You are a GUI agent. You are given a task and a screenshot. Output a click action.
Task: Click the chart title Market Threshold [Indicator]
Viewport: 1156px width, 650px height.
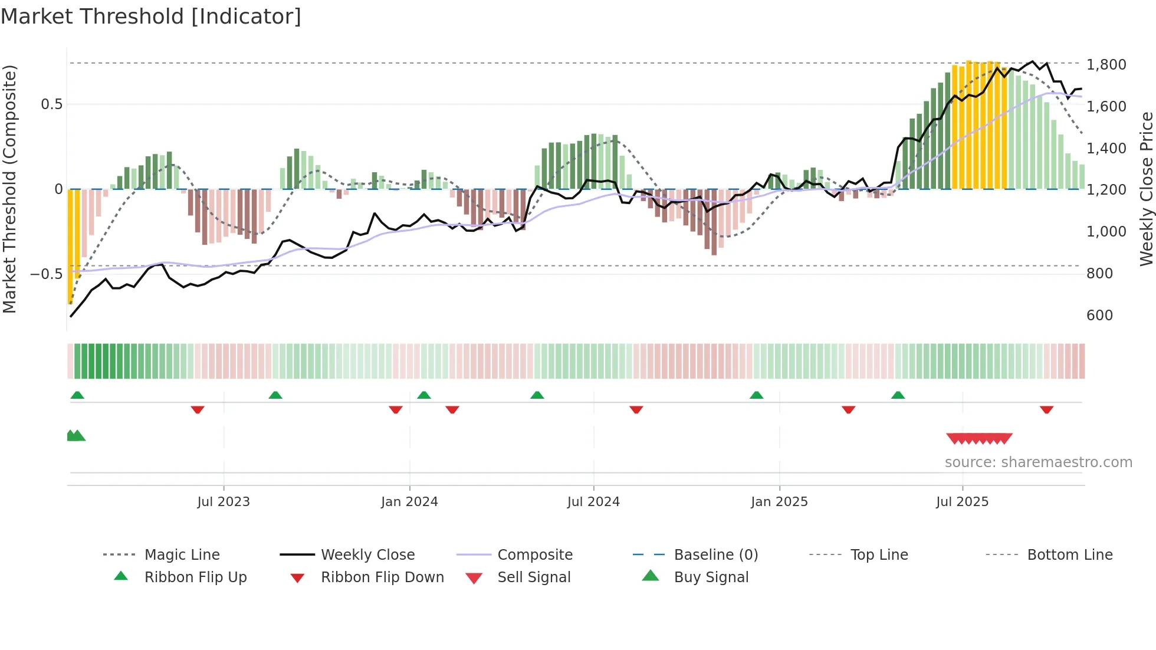point(151,17)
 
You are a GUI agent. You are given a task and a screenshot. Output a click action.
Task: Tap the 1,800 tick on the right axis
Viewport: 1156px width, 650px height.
point(1106,64)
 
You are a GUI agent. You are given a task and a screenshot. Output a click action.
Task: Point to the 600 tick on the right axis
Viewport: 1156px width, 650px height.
point(1099,315)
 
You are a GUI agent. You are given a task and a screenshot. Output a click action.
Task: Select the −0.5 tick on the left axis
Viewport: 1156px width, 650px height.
point(46,274)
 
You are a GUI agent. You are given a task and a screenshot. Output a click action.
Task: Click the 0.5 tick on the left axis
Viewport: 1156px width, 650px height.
point(51,104)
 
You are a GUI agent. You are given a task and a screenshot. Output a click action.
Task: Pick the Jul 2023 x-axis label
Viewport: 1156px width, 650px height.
point(224,502)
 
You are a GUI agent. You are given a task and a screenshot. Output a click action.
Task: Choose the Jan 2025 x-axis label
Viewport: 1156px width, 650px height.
point(779,502)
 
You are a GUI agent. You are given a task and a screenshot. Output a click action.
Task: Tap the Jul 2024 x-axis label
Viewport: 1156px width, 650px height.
point(593,502)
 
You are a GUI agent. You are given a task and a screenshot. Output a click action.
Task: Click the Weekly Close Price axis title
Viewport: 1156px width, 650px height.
point(1146,189)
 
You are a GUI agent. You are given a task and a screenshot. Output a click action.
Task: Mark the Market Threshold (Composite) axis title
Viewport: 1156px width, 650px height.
point(9,189)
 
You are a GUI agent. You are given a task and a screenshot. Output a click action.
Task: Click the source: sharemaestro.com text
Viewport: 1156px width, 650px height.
point(1038,462)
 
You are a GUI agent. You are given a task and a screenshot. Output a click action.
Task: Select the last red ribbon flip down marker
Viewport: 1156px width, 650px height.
point(1046,409)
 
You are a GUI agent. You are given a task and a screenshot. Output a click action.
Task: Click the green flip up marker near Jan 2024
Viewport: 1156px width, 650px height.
point(423,395)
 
